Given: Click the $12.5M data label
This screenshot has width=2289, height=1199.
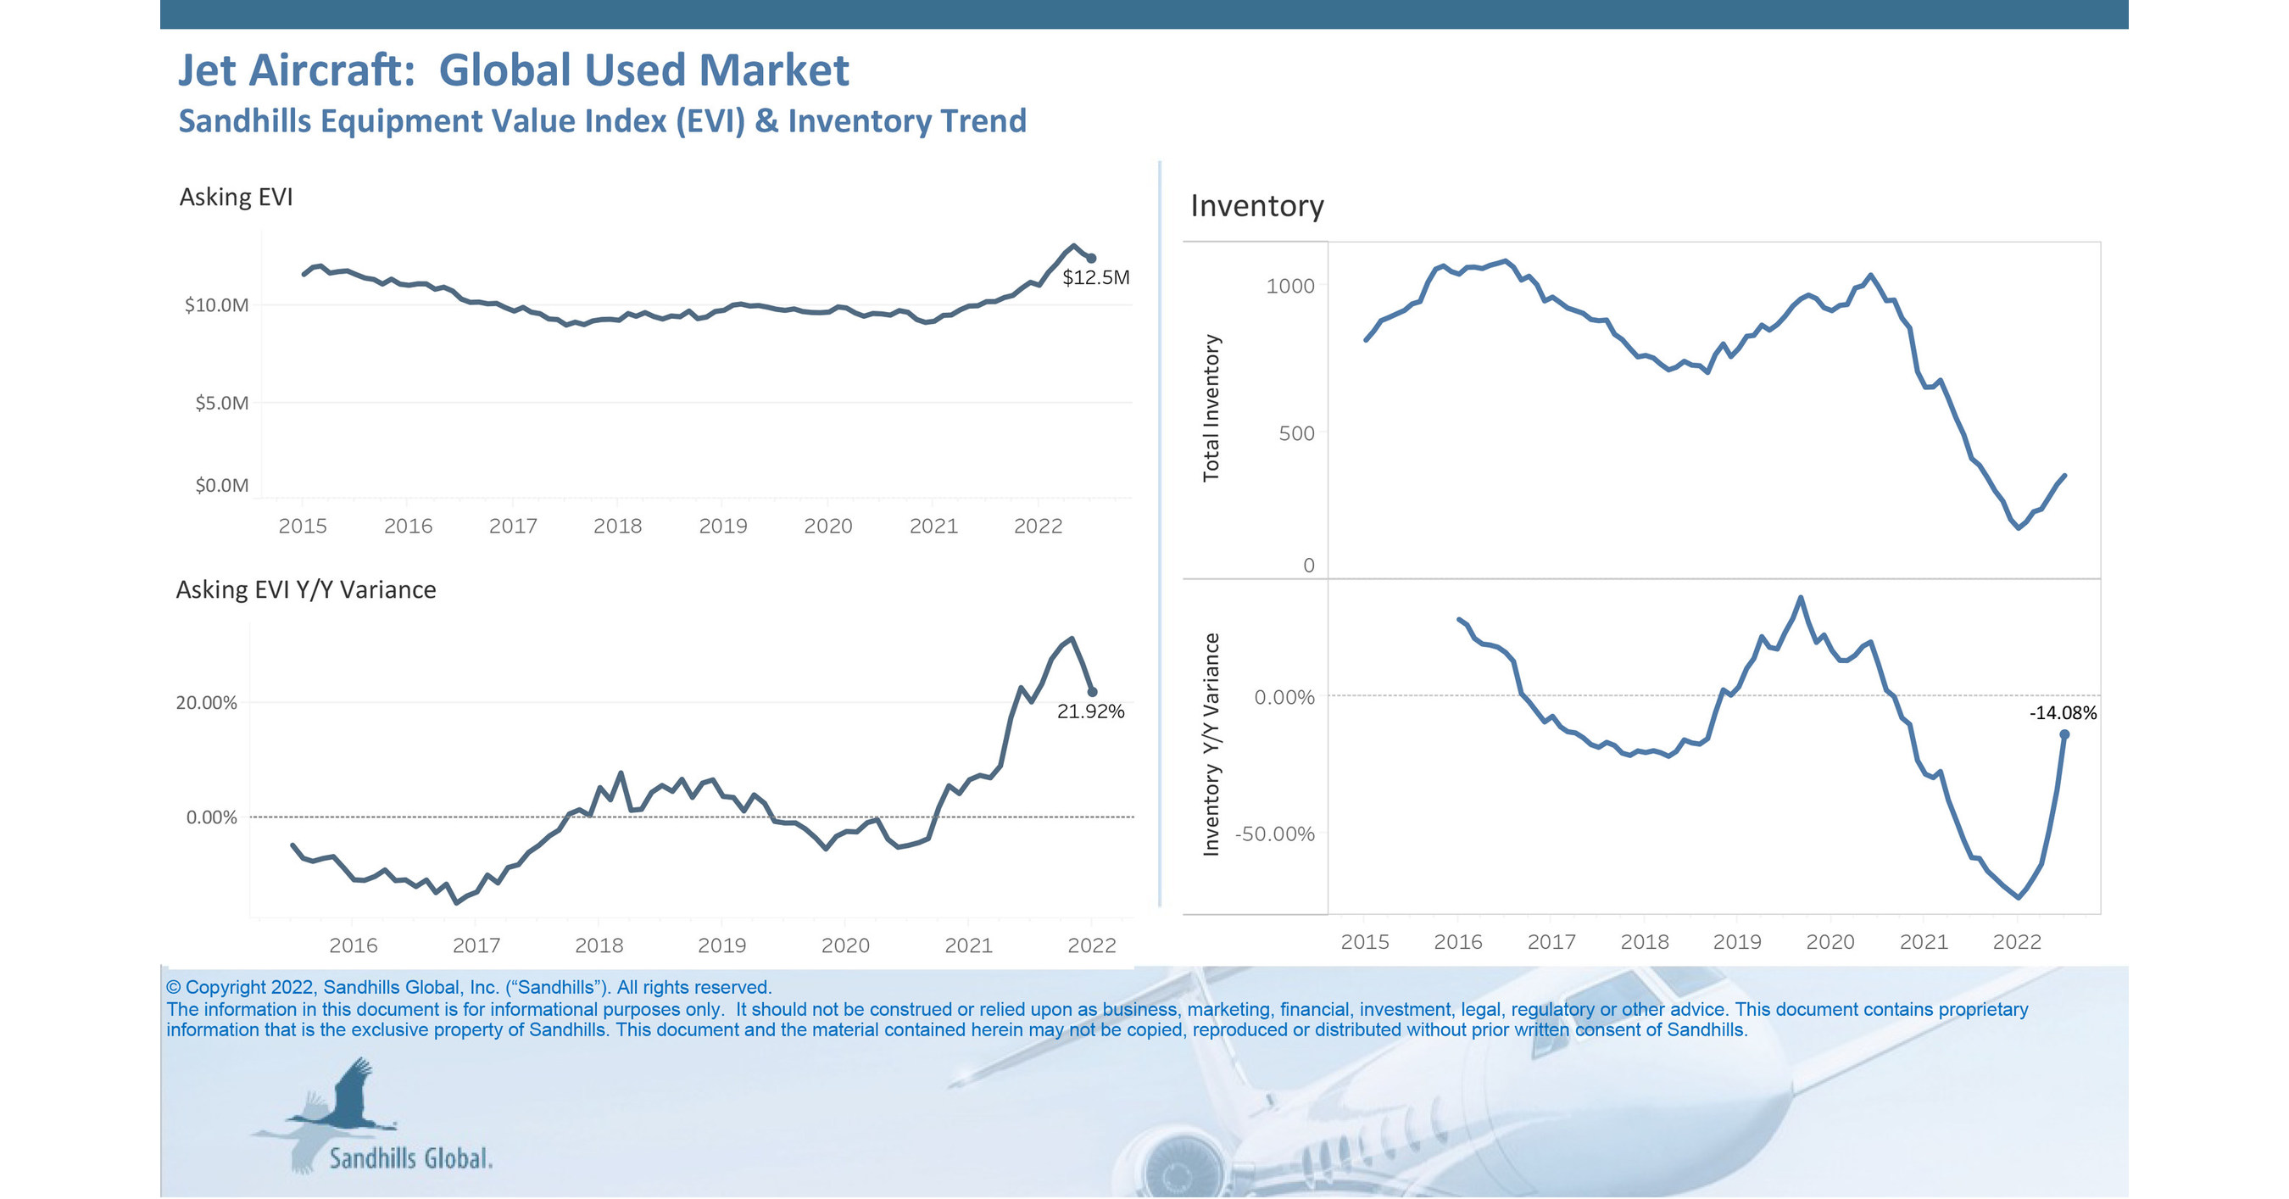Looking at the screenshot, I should point(1095,277).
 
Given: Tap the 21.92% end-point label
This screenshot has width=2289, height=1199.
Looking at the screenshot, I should point(1090,711).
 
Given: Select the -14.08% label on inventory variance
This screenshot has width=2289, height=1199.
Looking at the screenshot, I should point(2063,713).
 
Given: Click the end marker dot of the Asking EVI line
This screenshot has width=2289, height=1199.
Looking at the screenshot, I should point(1092,259).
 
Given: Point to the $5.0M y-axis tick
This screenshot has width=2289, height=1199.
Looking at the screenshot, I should point(221,404).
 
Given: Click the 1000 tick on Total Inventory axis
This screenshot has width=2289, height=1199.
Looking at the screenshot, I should point(1289,287).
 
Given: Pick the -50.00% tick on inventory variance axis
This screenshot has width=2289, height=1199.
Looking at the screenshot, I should point(1274,834).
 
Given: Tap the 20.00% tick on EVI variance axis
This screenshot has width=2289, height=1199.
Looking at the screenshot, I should point(206,703).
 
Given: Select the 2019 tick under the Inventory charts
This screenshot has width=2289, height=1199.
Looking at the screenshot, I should point(1736,942).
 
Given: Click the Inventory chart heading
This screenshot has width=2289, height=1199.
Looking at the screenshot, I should point(1256,206).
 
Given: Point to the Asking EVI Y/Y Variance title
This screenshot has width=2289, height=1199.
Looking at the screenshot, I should point(306,590).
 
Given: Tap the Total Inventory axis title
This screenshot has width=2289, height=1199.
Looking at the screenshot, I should point(1211,408).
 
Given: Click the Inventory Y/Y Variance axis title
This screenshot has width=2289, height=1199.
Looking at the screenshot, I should point(1211,744).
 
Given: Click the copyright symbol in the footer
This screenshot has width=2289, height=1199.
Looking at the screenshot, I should point(173,988).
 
